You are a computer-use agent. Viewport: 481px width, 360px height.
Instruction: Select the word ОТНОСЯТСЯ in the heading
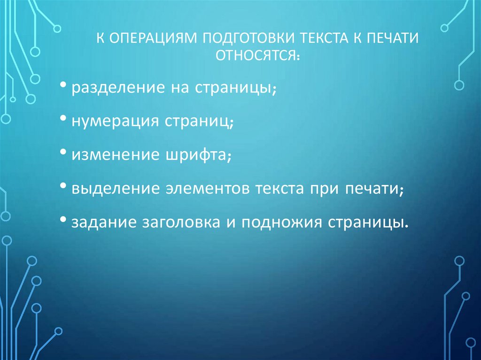point(256,55)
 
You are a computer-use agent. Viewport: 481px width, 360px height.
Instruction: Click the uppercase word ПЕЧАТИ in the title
point(390,38)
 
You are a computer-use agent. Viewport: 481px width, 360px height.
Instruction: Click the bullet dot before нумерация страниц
point(63,120)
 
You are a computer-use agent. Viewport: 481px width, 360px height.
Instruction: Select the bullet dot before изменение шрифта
point(63,153)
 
